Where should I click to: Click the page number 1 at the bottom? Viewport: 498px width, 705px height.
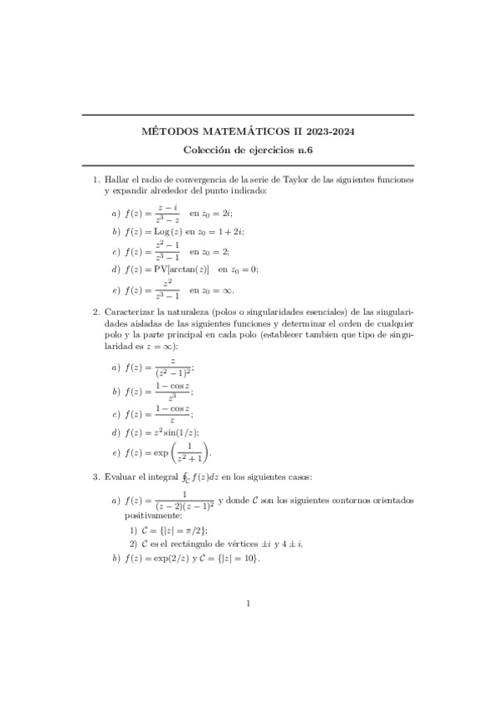pyautogui.click(x=249, y=604)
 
